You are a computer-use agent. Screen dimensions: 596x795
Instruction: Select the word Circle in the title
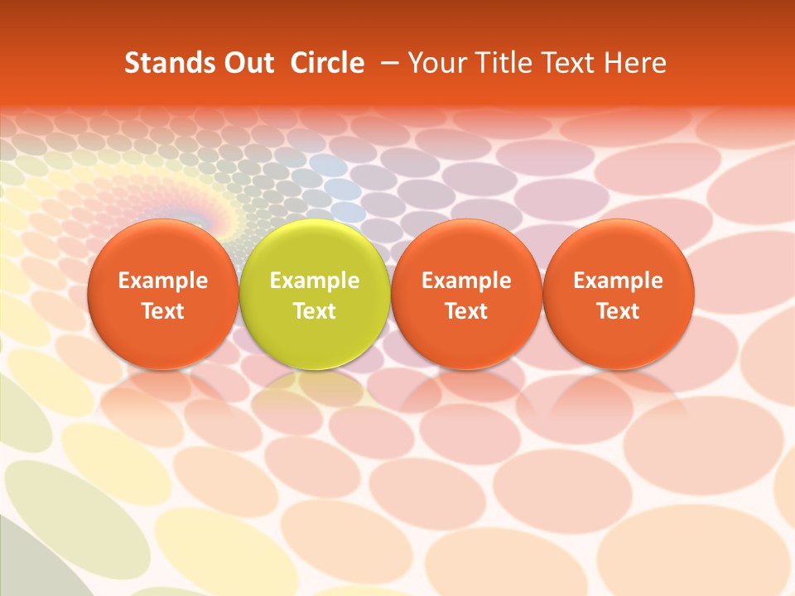click(x=327, y=63)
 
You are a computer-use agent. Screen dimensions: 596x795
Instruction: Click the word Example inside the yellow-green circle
click(x=315, y=281)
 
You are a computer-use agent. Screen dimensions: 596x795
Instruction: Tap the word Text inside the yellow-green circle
click(x=315, y=311)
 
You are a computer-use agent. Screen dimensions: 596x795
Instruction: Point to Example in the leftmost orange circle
click(x=163, y=281)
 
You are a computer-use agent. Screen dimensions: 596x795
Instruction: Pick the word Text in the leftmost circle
click(x=163, y=311)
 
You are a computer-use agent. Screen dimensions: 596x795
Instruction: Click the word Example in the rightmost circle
click(x=619, y=281)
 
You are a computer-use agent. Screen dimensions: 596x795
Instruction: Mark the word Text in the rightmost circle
click(x=619, y=311)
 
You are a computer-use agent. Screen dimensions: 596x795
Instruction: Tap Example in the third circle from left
click(x=466, y=281)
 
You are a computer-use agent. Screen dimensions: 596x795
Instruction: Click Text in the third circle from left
click(x=466, y=311)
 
